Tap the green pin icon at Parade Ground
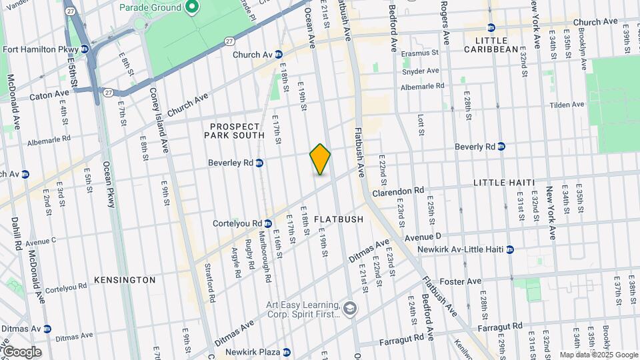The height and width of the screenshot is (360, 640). tap(192, 7)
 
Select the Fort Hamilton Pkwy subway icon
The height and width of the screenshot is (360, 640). tap(85, 49)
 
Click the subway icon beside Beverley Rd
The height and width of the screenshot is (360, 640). tap(259, 163)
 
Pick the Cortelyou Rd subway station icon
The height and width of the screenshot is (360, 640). tap(267, 223)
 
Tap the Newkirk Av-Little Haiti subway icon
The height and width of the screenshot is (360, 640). tap(510, 249)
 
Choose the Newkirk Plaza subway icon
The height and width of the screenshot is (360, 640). tap(286, 352)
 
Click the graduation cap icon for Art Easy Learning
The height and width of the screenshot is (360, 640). tap(350, 308)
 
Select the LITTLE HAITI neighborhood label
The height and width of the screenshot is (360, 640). tap(503, 182)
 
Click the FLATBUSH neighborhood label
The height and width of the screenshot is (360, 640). tap(339, 219)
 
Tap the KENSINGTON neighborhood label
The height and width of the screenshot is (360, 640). tap(125, 280)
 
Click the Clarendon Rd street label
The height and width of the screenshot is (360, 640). tap(398, 191)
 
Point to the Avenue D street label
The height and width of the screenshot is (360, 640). tap(423, 237)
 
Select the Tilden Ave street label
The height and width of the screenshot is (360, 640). tap(567, 105)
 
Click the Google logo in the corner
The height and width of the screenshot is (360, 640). tap(21, 352)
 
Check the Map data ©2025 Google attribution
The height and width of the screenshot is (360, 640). tap(599, 355)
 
